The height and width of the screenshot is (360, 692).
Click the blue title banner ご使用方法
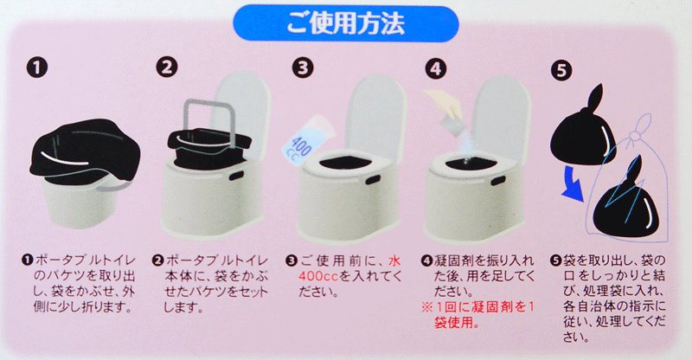pos(345,23)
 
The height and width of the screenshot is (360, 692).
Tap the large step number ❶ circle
pos(36,68)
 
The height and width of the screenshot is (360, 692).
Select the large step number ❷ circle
pos(166,67)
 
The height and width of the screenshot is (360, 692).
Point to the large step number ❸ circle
pos(303,67)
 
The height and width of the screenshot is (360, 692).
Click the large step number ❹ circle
pos(436,68)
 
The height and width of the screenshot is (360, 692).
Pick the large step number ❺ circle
pos(561,70)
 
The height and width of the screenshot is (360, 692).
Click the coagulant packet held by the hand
pos(454,125)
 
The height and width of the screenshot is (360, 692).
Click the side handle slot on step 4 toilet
pos(499,181)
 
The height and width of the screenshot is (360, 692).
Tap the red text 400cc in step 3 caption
pos(318,277)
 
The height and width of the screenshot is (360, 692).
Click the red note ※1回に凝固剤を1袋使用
pos(478,314)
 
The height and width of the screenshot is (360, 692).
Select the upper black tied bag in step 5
pos(582,128)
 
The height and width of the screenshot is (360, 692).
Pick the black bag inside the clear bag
pos(625,203)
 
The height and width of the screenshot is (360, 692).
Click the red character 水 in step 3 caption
pos(394,260)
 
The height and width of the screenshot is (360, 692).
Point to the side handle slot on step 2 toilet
pos(238,175)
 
